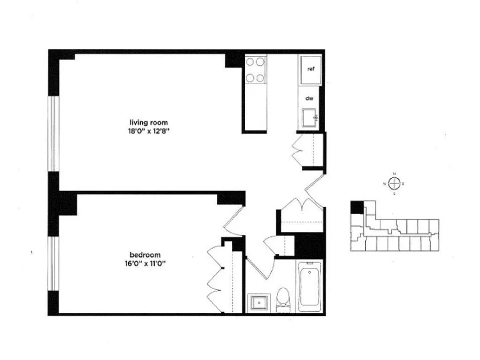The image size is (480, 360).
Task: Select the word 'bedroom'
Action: (x=145, y=255)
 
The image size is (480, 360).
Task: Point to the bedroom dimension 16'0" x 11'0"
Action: (x=145, y=264)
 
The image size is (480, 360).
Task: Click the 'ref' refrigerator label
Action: (x=310, y=69)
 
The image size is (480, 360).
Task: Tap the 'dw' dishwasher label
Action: (x=310, y=98)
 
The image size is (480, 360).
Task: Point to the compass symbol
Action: (x=395, y=183)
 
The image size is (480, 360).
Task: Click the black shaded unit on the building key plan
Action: (x=357, y=207)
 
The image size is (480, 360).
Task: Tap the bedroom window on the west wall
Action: (x=54, y=264)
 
